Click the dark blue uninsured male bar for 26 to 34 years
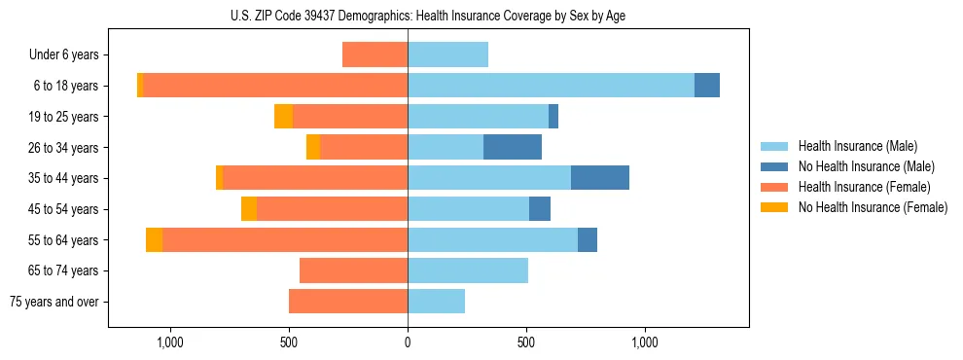tap(513, 147)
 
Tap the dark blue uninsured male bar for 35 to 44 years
tap(600, 178)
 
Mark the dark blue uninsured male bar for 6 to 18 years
tap(707, 86)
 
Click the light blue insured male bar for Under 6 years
tap(447, 54)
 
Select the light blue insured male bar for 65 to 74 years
tap(468, 270)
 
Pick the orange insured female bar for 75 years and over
tap(348, 302)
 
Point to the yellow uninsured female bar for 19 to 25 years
tap(283, 117)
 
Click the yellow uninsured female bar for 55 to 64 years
tap(154, 239)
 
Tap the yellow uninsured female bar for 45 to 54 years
tap(249, 209)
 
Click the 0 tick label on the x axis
tap(408, 342)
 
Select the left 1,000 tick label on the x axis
tap(170, 342)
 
